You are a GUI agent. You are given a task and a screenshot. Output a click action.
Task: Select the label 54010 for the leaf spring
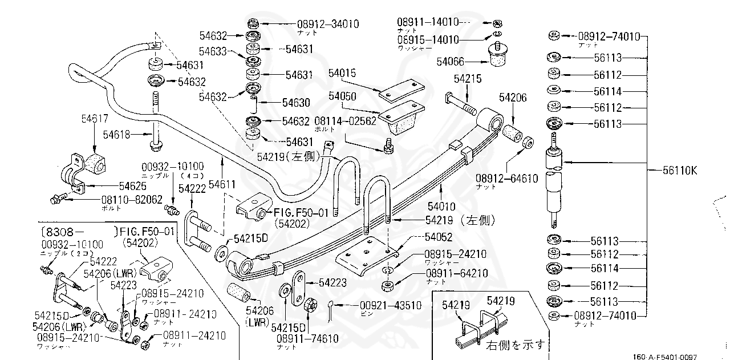tap(442, 206)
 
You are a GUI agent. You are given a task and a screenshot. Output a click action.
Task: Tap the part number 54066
tap(451, 62)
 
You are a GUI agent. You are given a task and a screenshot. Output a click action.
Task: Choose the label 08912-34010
tap(327, 24)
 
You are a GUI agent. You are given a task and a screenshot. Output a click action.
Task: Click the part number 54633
tap(214, 51)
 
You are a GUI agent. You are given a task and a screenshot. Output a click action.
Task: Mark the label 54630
tap(296, 103)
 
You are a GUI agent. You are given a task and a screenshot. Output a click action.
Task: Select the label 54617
tap(95, 119)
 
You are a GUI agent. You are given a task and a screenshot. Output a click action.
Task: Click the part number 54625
tap(133, 186)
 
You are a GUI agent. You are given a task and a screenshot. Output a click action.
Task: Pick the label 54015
tap(342, 73)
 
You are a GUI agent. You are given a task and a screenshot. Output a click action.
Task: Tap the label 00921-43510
tap(391, 305)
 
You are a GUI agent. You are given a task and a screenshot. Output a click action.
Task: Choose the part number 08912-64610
tap(507, 179)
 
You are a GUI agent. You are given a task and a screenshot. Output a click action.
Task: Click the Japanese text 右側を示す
tap(515, 345)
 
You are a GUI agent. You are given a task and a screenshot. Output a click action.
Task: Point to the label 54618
tap(117, 134)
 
